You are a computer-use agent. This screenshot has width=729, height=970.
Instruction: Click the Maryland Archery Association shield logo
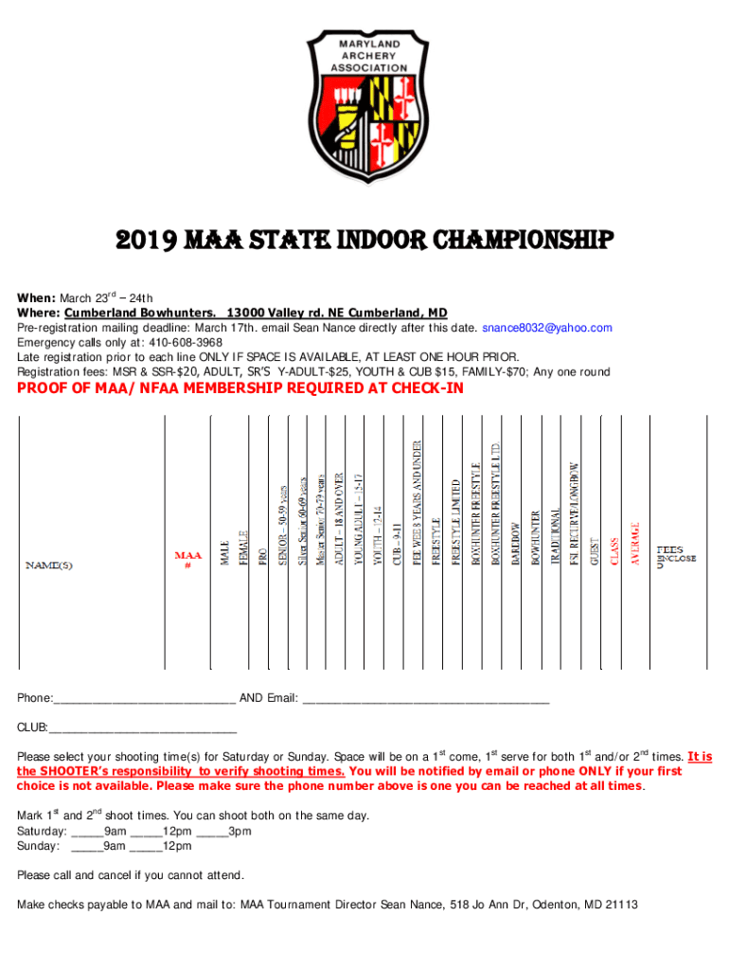tap(364, 113)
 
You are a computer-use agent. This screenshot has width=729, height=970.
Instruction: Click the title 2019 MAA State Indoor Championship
tap(364, 239)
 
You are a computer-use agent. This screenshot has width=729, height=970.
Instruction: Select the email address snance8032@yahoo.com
tap(547, 328)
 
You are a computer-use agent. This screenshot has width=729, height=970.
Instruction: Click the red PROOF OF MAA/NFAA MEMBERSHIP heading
tap(240, 388)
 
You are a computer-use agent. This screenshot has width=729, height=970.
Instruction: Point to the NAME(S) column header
tap(48, 566)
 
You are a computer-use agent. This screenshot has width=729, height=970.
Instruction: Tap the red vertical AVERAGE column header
tap(636, 544)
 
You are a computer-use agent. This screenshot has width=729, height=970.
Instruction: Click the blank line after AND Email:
tap(425, 699)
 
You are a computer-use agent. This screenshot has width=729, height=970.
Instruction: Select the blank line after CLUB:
tap(142, 728)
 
